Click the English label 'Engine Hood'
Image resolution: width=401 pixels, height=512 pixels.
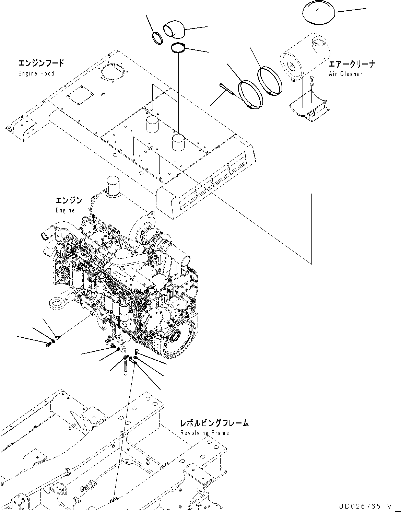point(36,73)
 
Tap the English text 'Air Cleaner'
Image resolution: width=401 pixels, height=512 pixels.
point(345,74)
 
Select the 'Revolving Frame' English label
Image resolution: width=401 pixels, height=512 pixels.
point(204,433)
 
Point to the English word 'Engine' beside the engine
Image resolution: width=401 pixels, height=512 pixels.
point(65,210)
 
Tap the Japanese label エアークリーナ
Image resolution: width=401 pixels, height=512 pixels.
point(352,64)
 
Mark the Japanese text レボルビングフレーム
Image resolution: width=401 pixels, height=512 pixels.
point(214,423)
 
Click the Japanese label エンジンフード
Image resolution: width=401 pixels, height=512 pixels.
point(41,63)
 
